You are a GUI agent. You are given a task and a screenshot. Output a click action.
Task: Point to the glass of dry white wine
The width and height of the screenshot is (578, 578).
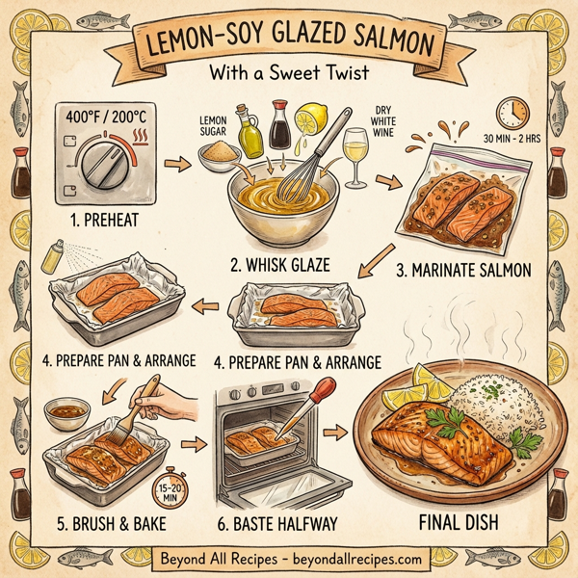(357, 159)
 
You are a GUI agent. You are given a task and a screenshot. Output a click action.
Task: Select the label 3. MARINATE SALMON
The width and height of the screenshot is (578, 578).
(467, 271)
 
